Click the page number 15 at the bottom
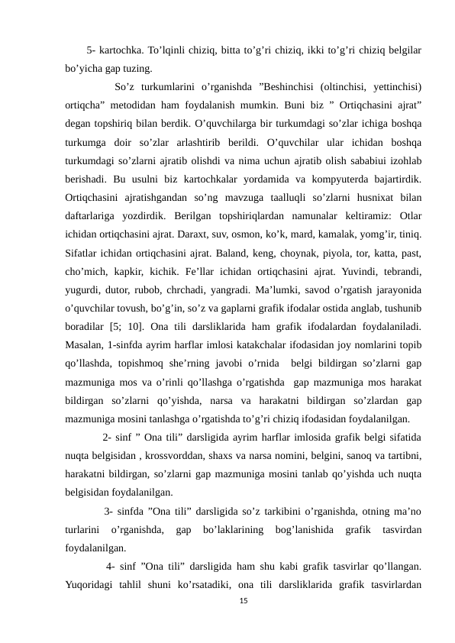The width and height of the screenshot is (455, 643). tap(244, 603)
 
